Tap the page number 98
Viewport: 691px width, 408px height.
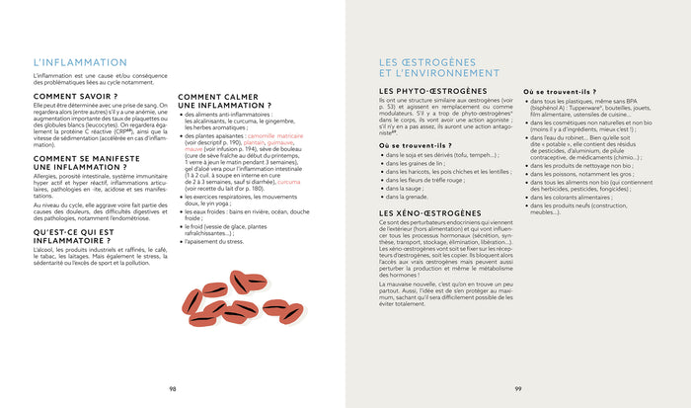tap(173, 387)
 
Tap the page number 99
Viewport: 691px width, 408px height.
tap(518, 387)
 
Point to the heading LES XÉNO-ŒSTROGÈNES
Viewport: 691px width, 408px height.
tap(428, 212)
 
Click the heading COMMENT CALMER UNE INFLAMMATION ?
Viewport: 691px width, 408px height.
tap(224, 102)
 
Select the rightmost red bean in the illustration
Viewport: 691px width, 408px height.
tap(291, 313)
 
